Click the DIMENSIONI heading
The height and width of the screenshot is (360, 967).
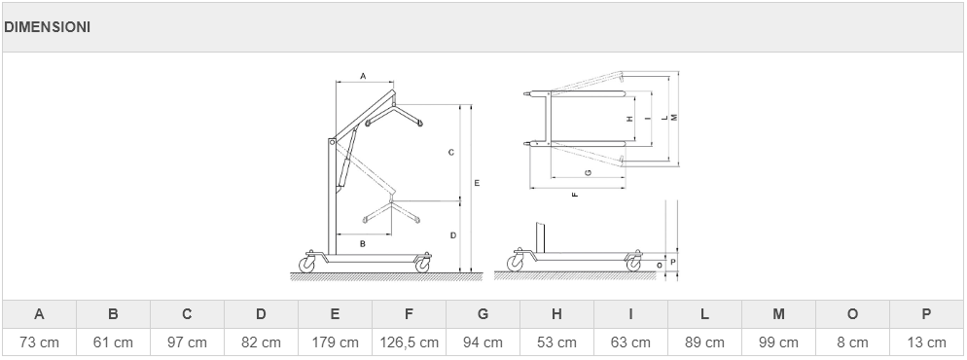[47, 27]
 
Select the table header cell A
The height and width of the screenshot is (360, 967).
[40, 314]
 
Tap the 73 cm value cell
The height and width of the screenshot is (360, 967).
[40, 342]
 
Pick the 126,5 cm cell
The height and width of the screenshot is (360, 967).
[409, 342]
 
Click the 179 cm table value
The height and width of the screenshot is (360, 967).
[335, 342]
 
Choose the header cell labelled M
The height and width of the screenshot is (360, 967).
[778, 314]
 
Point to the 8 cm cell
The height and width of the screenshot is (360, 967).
[852, 342]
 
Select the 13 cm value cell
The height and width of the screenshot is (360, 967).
[926, 342]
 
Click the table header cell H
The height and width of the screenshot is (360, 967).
[556, 314]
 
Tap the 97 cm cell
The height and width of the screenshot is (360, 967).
[187, 342]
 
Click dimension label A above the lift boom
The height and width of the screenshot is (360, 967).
[363, 76]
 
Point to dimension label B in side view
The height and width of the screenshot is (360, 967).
[363, 243]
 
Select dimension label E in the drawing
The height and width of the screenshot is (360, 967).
[477, 183]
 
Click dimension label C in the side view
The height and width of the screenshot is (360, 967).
[451, 152]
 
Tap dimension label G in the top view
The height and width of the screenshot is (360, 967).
[588, 172]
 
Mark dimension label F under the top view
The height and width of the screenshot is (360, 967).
[575, 195]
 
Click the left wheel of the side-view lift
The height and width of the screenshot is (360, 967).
[306, 265]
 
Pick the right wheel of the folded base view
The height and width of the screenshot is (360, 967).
[633, 264]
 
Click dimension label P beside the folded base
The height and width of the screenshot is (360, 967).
[673, 262]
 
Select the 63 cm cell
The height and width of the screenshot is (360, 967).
[630, 342]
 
